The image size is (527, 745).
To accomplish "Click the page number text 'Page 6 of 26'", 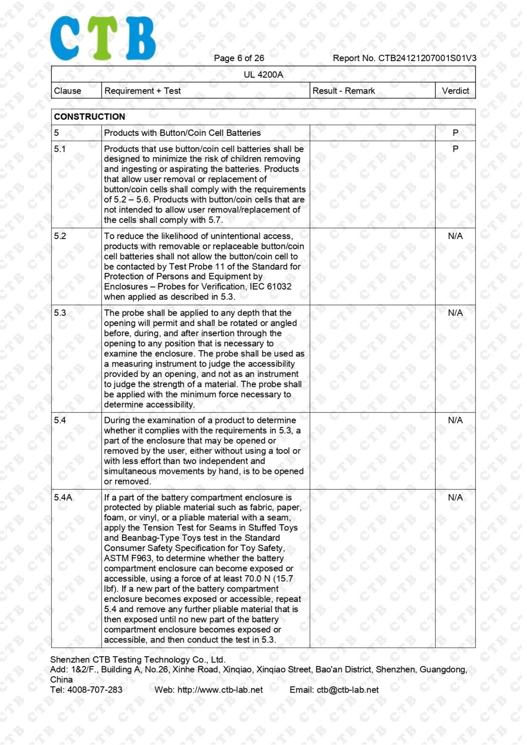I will point(239,58).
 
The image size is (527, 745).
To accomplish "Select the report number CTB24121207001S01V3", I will point(427,58).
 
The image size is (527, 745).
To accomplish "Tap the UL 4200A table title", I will point(263,75).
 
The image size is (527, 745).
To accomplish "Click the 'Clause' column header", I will point(67,91).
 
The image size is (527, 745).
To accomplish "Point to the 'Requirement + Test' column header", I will point(143,91).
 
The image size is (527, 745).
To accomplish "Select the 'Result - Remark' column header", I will point(344,91).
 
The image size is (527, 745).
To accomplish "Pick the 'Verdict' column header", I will point(455,91).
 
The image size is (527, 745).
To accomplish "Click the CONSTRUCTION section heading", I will point(90,117).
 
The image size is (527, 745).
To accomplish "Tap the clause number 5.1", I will point(60,149).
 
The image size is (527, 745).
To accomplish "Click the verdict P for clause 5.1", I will point(455,149).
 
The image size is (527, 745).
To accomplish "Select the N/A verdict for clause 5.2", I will point(455,236).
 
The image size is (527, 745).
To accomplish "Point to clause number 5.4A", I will point(63,498).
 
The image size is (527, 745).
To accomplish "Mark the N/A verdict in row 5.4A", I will point(455,498).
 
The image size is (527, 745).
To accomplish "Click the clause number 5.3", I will point(60,313).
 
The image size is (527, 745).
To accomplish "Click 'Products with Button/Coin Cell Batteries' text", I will point(182,133).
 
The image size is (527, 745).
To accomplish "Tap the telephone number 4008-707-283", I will point(95,690).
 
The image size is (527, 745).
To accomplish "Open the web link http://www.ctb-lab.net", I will point(220,690).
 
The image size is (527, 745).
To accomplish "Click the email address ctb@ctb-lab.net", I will point(347,690).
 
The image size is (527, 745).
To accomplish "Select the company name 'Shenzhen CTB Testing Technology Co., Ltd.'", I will point(138,660).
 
